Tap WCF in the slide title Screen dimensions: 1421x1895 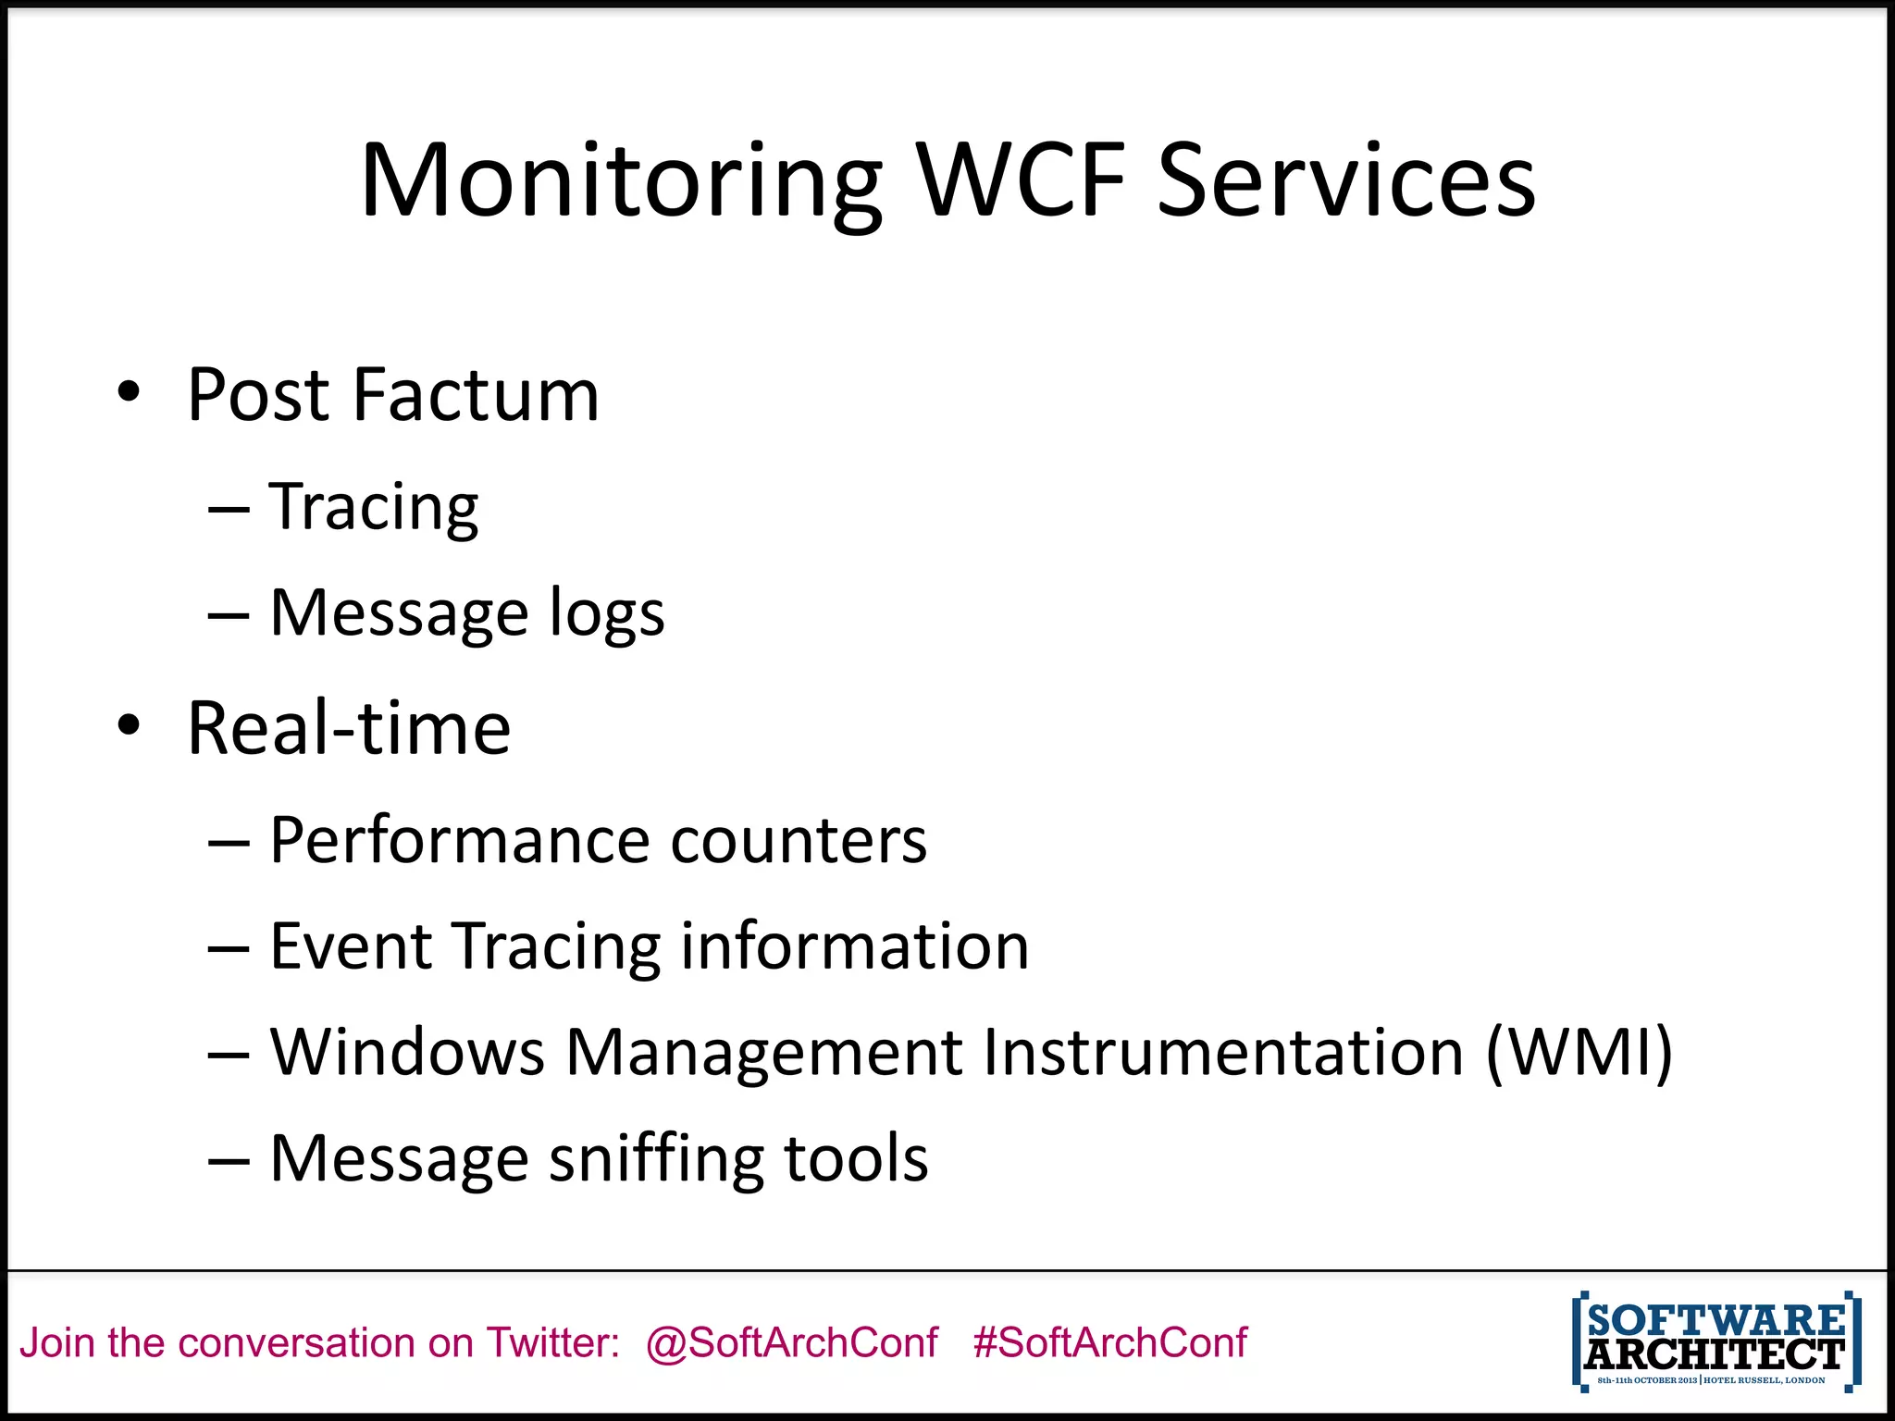1022,181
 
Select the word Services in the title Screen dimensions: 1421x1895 1346,181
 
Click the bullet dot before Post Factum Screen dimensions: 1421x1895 129,392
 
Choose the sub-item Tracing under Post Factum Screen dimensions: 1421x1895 374,507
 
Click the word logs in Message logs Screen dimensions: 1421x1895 607,613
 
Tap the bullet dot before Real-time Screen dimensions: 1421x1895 129,725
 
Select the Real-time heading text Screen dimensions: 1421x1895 349,728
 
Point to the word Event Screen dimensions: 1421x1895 351,946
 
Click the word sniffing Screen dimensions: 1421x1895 656,1158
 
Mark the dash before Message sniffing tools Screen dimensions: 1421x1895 229,1160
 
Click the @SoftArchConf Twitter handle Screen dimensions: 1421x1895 792,1342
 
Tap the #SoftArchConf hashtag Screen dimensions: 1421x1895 1109,1342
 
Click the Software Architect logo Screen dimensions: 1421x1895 1715,1341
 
